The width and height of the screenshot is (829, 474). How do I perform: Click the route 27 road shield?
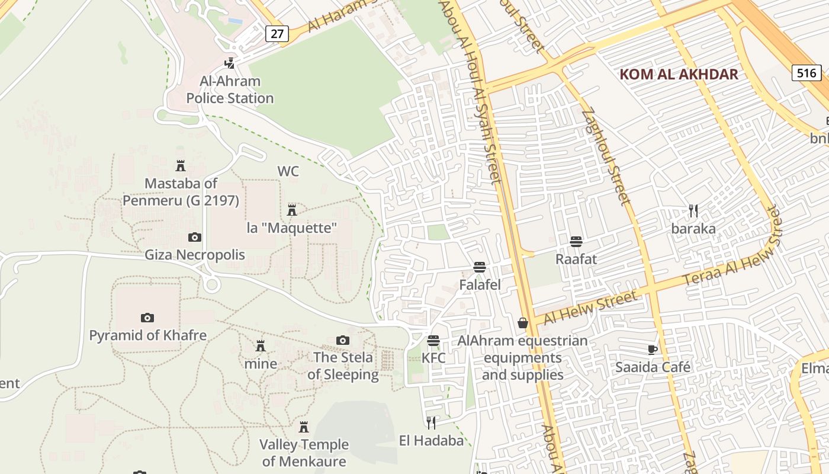click(x=277, y=33)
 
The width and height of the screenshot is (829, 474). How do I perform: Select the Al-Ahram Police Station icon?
click(x=230, y=63)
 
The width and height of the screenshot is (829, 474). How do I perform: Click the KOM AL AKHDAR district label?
click(x=679, y=74)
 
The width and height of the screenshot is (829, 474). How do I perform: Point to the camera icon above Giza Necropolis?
click(x=194, y=238)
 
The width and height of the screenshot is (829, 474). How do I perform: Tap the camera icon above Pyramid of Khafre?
click(x=147, y=318)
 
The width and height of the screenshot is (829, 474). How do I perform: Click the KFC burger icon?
click(x=433, y=341)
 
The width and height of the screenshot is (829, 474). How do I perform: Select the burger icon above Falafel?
click(x=480, y=267)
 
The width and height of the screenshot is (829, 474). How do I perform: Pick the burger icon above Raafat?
click(x=576, y=242)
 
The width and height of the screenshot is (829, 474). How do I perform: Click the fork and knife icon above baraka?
click(x=693, y=210)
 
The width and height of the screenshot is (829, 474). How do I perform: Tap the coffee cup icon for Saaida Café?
click(x=653, y=350)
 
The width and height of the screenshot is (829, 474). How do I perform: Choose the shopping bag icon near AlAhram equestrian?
click(x=522, y=323)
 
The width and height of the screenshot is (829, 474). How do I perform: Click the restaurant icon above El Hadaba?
click(x=431, y=422)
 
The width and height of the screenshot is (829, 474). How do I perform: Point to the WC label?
click(x=288, y=172)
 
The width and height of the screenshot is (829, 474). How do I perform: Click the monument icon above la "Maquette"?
click(x=291, y=210)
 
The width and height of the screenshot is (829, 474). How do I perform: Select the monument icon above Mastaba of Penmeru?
click(x=181, y=166)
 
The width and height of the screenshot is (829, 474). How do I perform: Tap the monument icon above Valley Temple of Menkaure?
click(x=304, y=427)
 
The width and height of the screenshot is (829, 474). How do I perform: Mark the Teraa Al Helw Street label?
click(x=734, y=248)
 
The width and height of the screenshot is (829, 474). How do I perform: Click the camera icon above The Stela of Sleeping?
click(x=342, y=340)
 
